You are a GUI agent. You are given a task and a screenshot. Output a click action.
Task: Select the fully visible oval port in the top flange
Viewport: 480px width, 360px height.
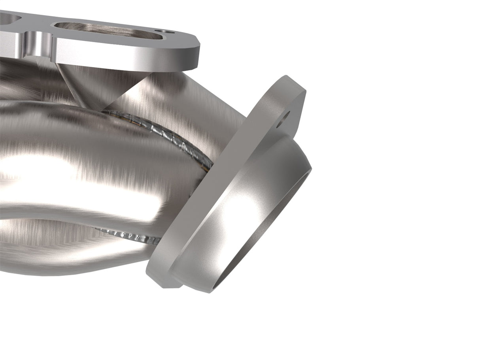click(x=107, y=30)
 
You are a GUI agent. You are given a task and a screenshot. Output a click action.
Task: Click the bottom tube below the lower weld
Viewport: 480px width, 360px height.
click(x=79, y=257)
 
